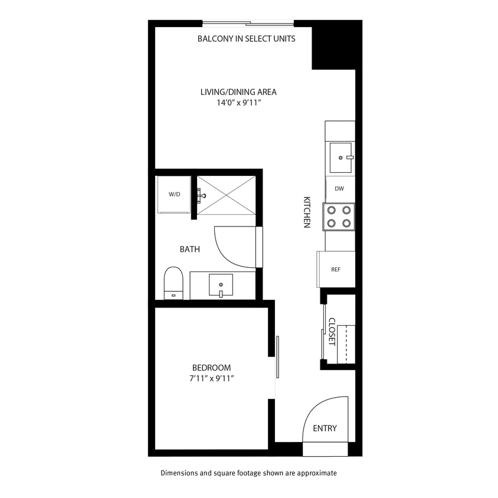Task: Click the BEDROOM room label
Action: point(211,368)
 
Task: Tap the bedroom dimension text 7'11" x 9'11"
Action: point(211,378)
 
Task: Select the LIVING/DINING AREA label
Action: point(238,92)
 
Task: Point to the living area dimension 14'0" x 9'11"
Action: point(238,103)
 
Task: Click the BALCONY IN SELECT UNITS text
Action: point(246,39)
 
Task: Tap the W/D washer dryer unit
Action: point(174,194)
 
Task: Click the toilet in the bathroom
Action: point(173,283)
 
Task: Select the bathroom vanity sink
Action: point(221,284)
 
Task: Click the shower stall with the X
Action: point(225,195)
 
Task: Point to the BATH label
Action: point(190,250)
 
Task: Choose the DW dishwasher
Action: point(339,189)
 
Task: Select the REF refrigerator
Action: point(336,270)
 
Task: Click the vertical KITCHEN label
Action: point(307,212)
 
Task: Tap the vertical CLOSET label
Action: point(332,332)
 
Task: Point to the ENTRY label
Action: point(325,428)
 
